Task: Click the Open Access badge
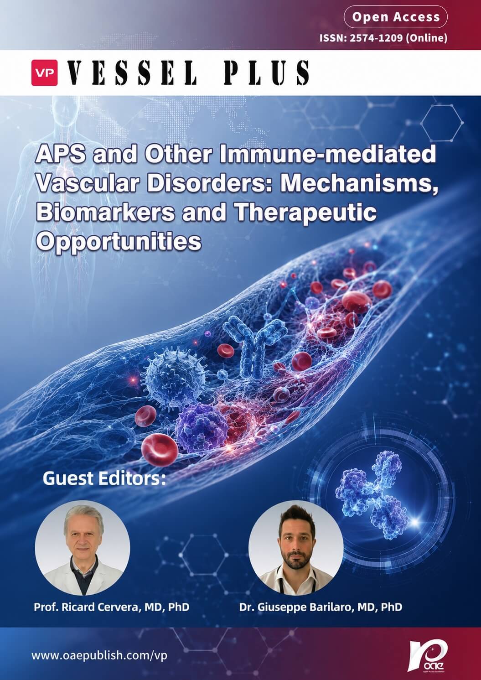(x=395, y=17)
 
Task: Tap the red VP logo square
(x=44, y=73)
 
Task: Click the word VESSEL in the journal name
(x=132, y=73)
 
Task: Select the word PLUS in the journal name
(x=267, y=73)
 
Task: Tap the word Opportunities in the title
(x=119, y=242)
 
